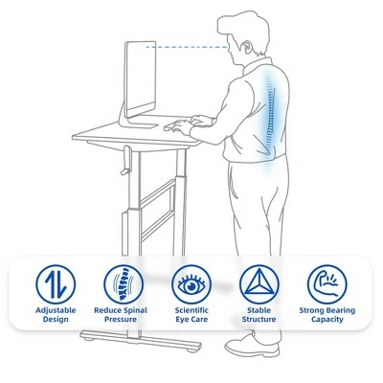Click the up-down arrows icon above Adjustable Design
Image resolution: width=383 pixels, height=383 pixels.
(56, 284)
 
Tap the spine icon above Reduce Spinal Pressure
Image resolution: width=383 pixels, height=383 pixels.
(124, 284)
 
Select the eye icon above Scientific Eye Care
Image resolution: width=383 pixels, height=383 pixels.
(191, 284)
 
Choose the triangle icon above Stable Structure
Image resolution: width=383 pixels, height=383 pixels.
(259, 284)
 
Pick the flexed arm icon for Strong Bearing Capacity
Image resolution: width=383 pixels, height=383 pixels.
(327, 284)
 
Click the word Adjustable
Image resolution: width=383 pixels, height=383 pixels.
(56, 310)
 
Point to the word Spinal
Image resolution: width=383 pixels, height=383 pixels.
(135, 310)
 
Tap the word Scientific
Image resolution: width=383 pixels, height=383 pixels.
(191, 310)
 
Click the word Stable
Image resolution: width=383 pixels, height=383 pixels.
(259, 310)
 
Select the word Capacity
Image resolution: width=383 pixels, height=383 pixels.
(327, 320)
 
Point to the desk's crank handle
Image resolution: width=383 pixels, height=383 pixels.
(125, 160)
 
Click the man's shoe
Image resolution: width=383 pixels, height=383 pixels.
(252, 345)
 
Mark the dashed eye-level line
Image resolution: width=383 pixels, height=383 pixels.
(187, 47)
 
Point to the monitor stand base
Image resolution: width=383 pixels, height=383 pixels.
(139, 124)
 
